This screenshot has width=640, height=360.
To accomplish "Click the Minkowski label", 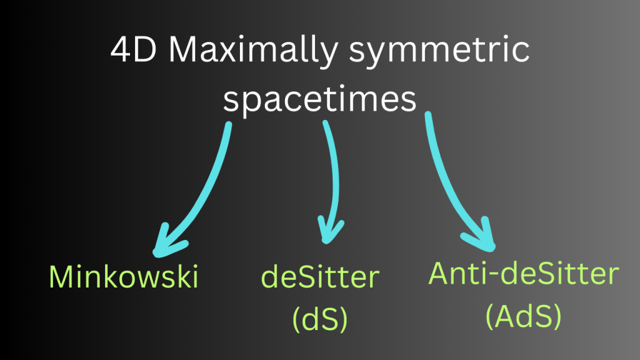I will coord(124,277).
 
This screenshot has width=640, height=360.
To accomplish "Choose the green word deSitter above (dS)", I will coord(320,277).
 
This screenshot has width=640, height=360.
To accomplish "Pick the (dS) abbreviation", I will coord(319,317).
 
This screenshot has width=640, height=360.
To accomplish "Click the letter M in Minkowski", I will coord(60,277).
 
